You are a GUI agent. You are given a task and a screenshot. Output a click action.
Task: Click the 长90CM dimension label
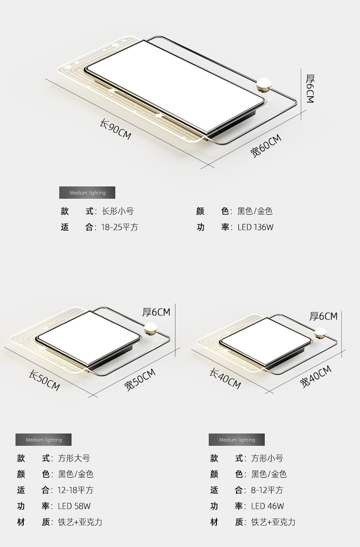click(x=115, y=129)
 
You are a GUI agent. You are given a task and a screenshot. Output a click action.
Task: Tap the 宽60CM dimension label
click(x=266, y=145)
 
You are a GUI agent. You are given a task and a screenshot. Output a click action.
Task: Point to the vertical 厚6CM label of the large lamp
click(x=310, y=88)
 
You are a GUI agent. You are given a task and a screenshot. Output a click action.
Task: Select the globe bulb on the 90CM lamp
click(x=263, y=85)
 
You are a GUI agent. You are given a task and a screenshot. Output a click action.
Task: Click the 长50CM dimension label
click(x=44, y=380)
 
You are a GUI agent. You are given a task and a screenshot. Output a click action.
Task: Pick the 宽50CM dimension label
click(x=140, y=380)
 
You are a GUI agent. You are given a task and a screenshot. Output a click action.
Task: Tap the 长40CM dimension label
click(x=225, y=378)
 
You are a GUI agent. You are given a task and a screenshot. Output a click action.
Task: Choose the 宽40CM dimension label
click(x=316, y=377)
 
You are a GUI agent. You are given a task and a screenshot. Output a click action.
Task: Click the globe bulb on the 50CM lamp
click(x=150, y=329)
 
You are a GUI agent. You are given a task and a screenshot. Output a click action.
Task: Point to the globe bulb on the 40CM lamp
click(x=320, y=333)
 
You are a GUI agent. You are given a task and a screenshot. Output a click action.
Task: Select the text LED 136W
click(x=256, y=227)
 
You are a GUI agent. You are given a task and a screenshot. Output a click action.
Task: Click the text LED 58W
click(x=74, y=506)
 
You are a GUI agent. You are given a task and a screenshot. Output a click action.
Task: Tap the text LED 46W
click(x=267, y=506)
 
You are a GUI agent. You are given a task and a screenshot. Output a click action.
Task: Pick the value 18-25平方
click(x=119, y=227)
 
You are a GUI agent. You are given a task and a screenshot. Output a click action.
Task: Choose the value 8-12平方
click(x=267, y=490)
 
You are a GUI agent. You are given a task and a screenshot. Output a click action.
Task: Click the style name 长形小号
click(x=118, y=211)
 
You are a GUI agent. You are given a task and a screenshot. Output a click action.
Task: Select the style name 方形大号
click(x=74, y=458)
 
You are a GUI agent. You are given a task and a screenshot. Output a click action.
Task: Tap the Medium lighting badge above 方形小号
click(x=237, y=440)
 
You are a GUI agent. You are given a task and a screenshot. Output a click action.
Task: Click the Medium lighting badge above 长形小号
click(x=87, y=193)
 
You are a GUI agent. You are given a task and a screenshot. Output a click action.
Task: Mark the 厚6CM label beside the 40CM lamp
click(x=324, y=316)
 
